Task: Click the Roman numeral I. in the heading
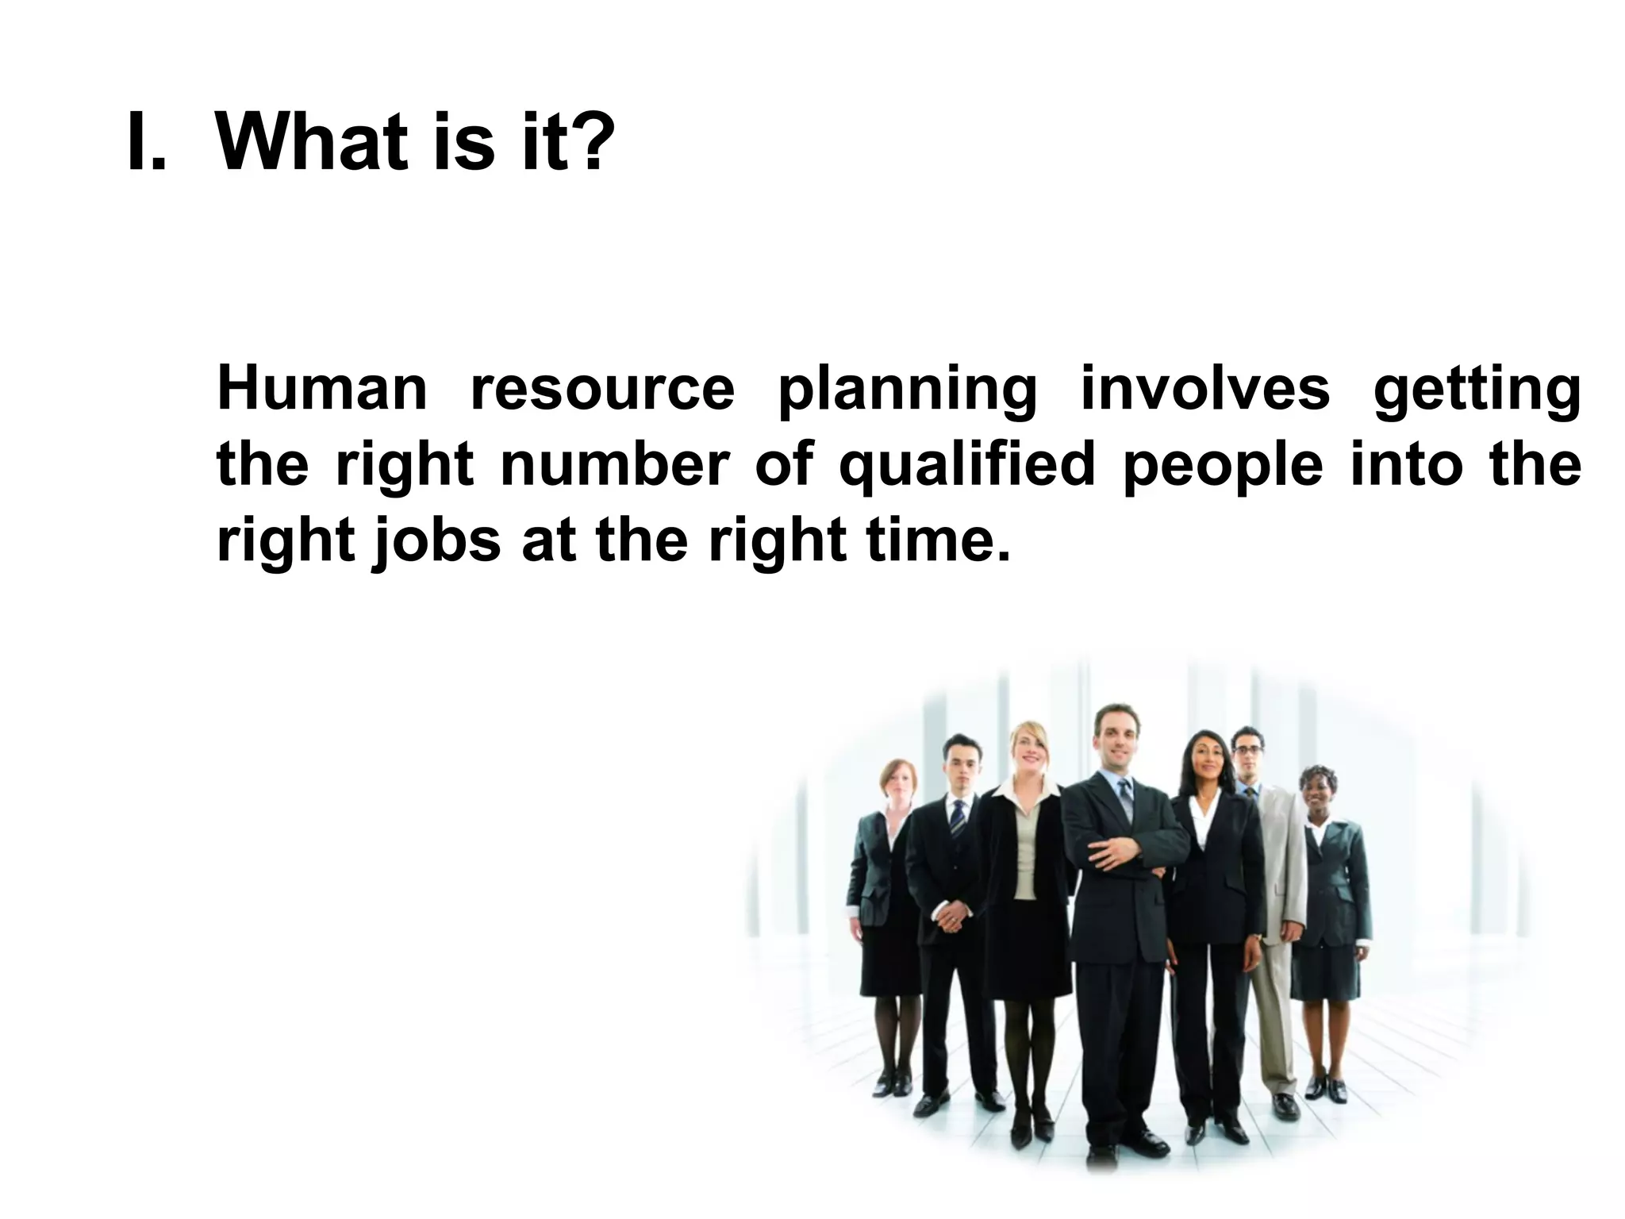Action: (x=146, y=143)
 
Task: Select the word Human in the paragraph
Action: (x=322, y=389)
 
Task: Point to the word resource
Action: (x=602, y=389)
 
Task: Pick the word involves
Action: (x=1205, y=389)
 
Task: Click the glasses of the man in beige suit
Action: (x=1248, y=749)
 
